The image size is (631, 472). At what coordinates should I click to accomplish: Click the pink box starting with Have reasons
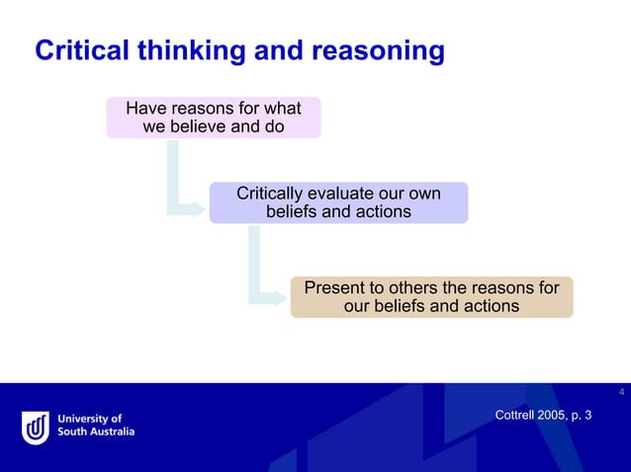(x=214, y=117)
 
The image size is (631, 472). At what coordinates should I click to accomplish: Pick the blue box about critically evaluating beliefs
(x=338, y=202)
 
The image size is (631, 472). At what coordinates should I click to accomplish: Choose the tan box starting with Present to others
(x=431, y=297)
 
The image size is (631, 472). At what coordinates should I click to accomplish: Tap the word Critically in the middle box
(x=270, y=193)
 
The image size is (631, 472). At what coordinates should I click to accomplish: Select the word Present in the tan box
(x=334, y=288)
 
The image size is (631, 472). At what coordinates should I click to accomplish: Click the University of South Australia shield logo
(x=36, y=428)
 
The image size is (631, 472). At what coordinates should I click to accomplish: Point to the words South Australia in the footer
(x=96, y=432)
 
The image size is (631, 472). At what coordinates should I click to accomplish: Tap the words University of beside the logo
(x=89, y=419)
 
